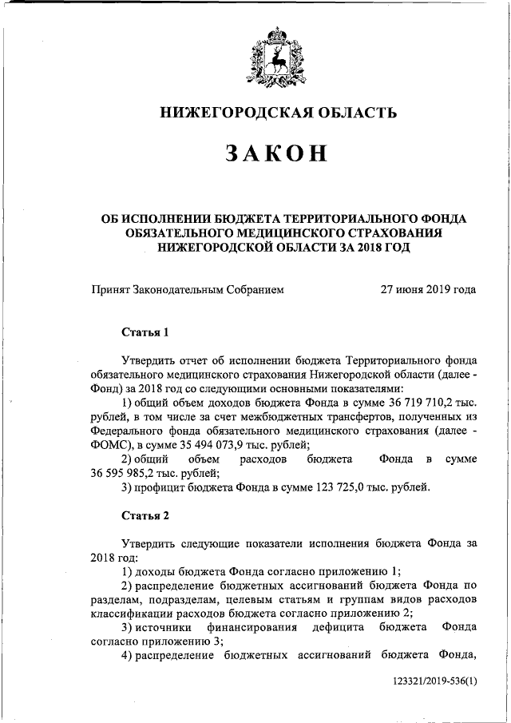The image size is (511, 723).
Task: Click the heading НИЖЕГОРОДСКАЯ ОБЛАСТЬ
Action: [x=279, y=113]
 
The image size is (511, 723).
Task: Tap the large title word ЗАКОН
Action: [x=276, y=153]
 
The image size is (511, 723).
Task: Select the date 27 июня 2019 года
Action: [x=429, y=289]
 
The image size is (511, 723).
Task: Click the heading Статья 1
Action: [x=145, y=331]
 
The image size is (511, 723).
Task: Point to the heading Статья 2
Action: [x=145, y=514]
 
